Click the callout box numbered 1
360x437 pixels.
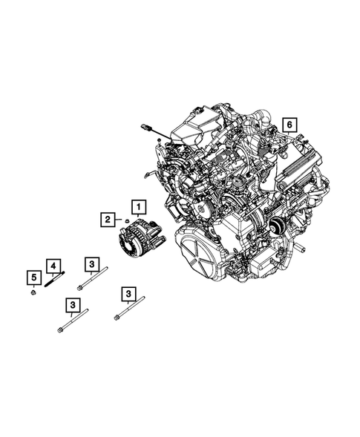139,206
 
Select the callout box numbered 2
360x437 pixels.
109,219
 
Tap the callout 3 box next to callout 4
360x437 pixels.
91,264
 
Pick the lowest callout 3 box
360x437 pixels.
73,305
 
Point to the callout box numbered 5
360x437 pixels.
33,279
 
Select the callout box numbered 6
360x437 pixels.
289,125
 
